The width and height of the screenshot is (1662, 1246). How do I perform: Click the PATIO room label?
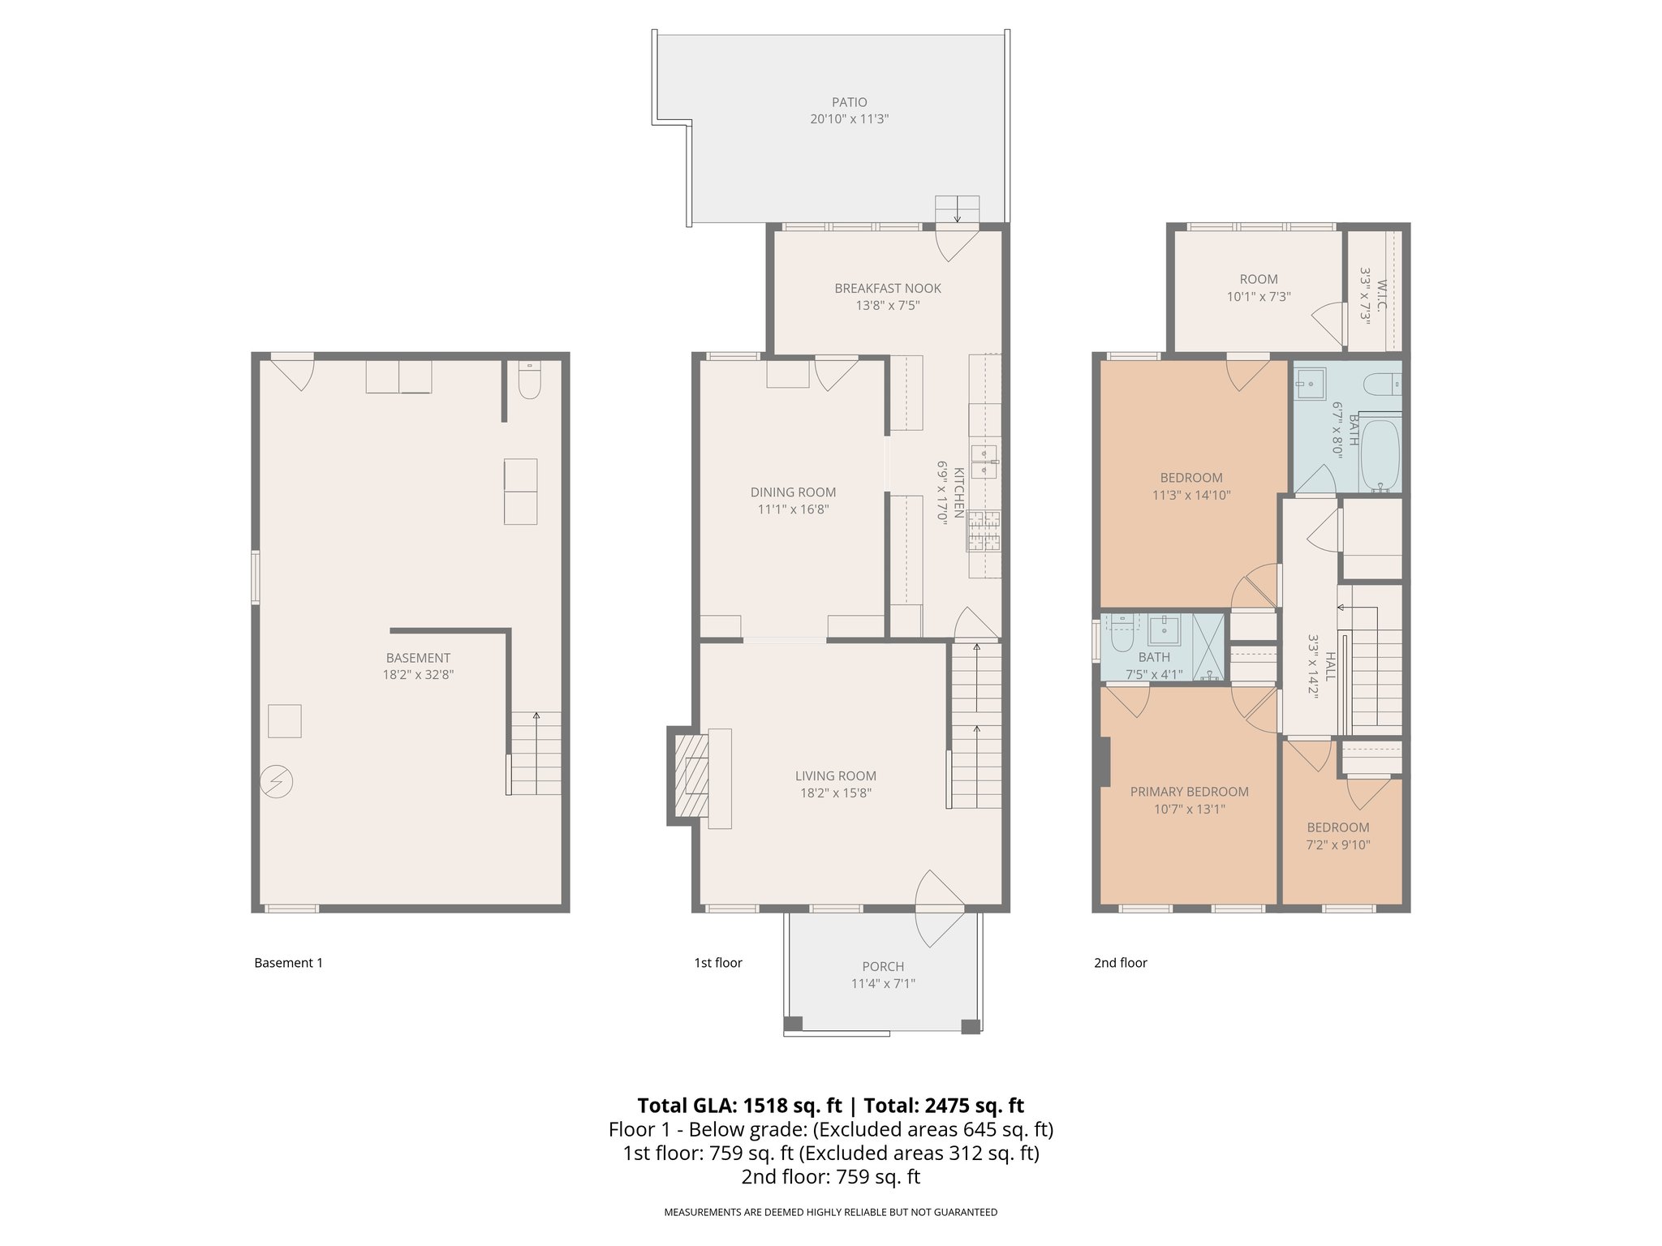pos(849,102)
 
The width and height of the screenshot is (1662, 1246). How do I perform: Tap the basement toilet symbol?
pos(528,382)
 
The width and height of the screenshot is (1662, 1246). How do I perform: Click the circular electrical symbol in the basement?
pos(277,782)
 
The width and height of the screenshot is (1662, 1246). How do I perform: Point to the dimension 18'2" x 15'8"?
pos(835,793)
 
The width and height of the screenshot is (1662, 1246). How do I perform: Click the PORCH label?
pos(883,966)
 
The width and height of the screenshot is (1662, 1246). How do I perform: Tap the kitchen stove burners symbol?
pos(984,532)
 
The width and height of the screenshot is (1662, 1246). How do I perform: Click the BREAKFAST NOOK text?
pos(888,288)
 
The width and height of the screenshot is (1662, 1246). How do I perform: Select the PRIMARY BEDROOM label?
pos(1189,792)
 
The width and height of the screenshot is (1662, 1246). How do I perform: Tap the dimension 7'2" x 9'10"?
pos(1338,844)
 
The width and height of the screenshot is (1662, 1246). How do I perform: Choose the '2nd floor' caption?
pos(1120,963)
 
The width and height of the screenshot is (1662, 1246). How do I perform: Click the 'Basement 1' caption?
pos(288,963)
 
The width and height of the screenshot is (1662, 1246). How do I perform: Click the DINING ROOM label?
pos(792,492)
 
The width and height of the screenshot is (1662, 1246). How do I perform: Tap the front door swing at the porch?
pos(939,909)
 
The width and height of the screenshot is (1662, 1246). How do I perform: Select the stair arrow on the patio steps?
pos(958,213)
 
